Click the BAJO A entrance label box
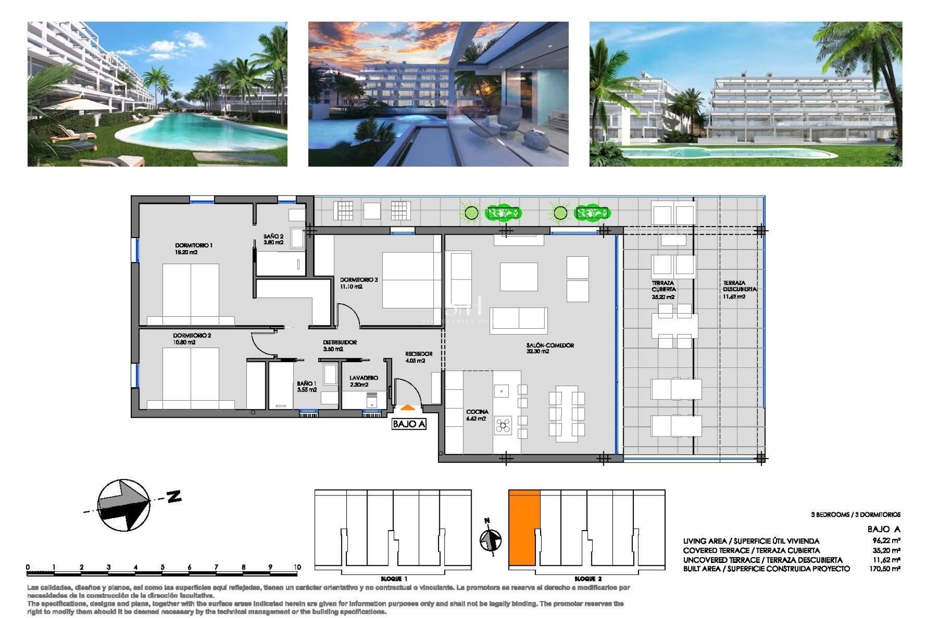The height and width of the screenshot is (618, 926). (x=409, y=424)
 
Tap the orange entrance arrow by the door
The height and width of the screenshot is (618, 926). (x=408, y=408)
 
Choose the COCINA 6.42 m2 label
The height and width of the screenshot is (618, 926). (x=477, y=415)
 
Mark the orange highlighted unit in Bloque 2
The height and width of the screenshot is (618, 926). (x=524, y=527)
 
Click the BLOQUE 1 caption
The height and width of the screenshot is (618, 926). (x=394, y=579)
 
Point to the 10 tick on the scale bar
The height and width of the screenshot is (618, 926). (x=297, y=568)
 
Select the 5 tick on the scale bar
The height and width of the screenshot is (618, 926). (x=163, y=568)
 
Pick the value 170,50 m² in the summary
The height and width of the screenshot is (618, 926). (x=885, y=569)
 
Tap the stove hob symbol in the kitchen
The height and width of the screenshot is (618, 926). (x=503, y=425)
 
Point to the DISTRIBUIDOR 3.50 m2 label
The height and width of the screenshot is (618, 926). (x=340, y=345)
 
